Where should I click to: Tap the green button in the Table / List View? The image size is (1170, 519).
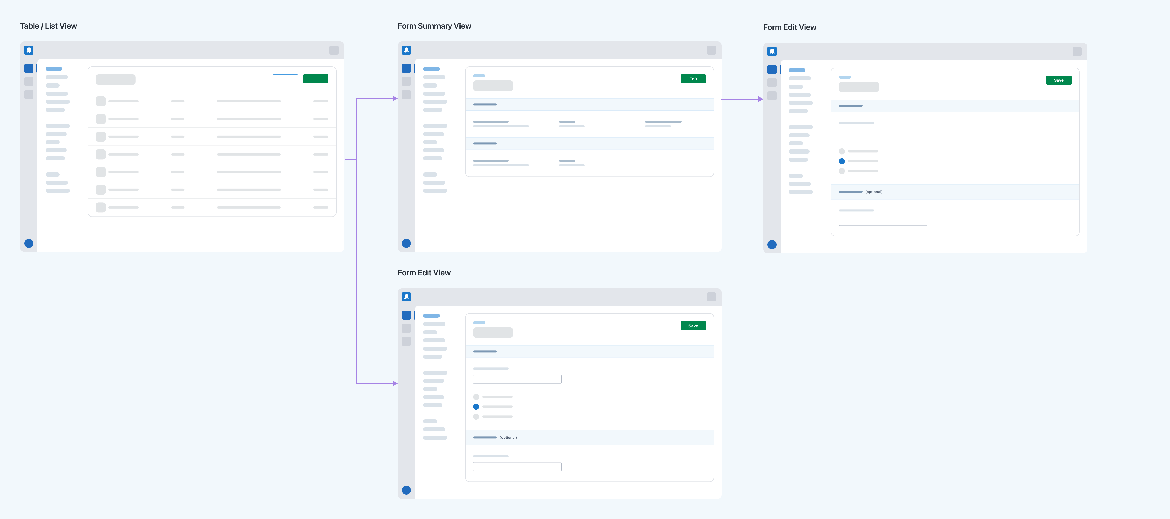coord(316,79)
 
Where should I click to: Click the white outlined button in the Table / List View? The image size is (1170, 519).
coord(285,79)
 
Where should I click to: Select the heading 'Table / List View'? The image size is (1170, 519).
coord(49,26)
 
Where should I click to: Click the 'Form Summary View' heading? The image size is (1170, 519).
coord(434,26)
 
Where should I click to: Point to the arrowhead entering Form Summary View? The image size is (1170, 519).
coord(395,98)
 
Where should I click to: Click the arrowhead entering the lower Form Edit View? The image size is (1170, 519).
coord(395,383)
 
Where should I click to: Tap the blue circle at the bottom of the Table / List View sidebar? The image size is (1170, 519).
coord(29,243)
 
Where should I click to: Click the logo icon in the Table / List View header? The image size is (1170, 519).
coord(29,50)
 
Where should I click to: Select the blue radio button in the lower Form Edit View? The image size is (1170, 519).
coord(476,407)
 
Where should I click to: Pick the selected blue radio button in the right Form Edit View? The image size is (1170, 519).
coord(842,161)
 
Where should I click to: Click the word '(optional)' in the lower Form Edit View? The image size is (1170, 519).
coord(508,437)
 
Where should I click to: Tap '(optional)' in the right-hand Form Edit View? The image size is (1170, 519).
coord(874,192)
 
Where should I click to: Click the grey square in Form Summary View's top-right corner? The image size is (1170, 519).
coord(711,50)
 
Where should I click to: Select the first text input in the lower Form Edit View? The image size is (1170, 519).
coord(517,379)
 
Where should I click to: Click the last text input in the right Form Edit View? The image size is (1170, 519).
coord(883,221)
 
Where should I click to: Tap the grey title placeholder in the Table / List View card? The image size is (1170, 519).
coord(115,79)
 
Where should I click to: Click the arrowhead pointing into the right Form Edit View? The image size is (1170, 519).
coord(761,99)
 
